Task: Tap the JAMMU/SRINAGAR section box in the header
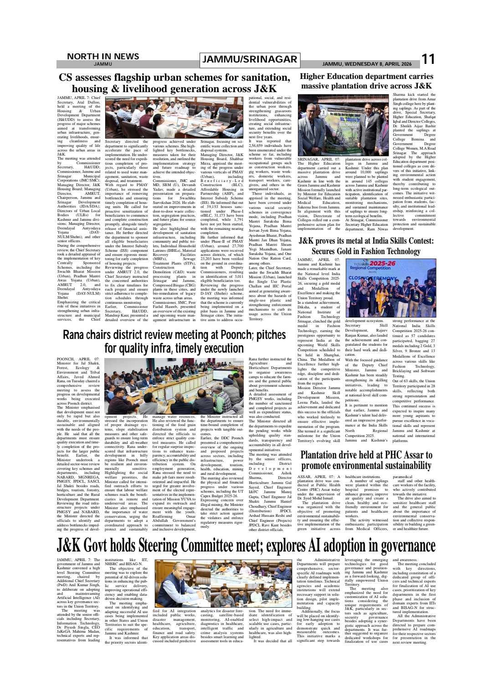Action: (x=250, y=59)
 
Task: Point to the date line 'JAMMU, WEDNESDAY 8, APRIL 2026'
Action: (x=367, y=64)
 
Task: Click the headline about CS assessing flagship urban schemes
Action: (x=174, y=83)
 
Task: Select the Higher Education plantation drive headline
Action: (x=366, y=81)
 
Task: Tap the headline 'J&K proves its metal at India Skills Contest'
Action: (x=366, y=245)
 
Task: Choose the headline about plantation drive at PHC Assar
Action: (x=366, y=460)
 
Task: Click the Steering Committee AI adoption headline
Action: (x=246, y=546)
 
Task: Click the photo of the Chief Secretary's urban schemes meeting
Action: (x=174, y=117)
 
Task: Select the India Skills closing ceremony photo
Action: (x=391, y=288)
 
